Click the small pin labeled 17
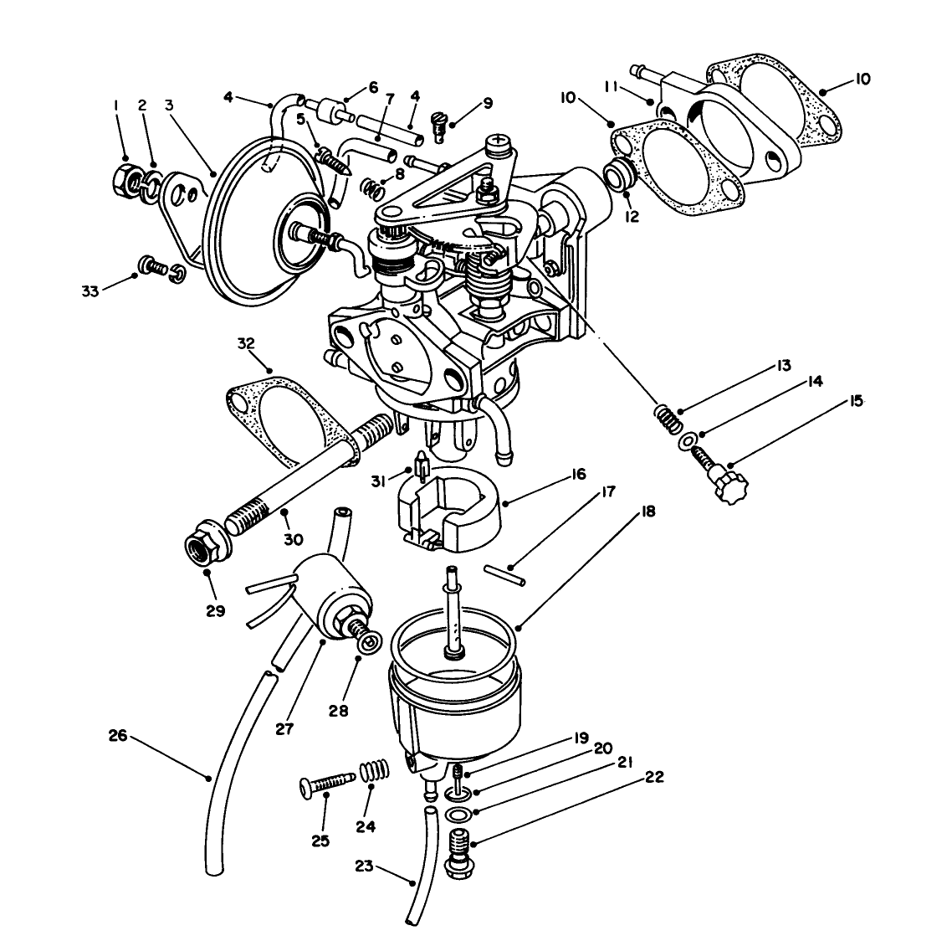[504, 571]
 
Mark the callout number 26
[118, 737]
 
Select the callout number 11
[612, 86]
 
